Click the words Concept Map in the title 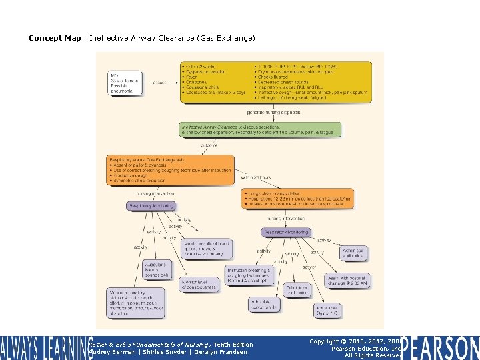pos(55,38)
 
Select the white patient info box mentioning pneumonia pos(127,83)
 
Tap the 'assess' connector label pos(159,83)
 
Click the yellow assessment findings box pos(276,83)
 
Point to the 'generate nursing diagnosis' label pos(273,112)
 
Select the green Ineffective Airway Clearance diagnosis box pos(261,129)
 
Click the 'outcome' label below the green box pos(209,145)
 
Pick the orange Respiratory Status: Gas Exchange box pos(171,170)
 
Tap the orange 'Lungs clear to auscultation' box pos(297,199)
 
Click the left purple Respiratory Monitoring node pos(151,206)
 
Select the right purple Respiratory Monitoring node pos(285,232)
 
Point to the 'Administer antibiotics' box pos(353,253)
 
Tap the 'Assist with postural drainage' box pos(347,280)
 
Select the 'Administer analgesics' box pos(297,289)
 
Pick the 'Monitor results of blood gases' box pos(208,249)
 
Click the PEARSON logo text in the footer pos(441,347)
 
